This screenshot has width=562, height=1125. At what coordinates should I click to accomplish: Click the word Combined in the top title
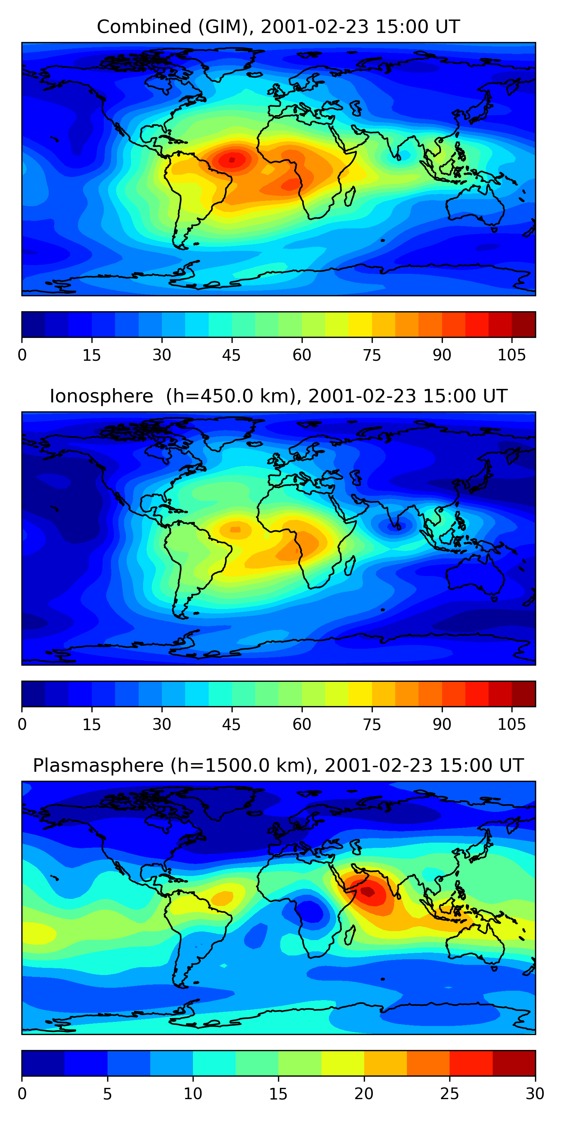pyautogui.click(x=144, y=27)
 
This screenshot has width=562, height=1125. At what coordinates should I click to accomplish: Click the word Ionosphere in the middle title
pyautogui.click(x=102, y=396)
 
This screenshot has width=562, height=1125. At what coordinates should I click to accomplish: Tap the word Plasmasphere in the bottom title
pyautogui.click(x=98, y=766)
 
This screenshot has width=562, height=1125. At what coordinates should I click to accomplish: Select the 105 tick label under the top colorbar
pyautogui.click(x=512, y=355)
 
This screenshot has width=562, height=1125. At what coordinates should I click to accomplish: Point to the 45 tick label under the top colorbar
pyautogui.click(x=231, y=355)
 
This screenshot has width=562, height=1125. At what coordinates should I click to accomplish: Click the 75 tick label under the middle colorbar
pyautogui.click(x=372, y=725)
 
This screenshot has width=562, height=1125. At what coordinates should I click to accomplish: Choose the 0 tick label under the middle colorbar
pyautogui.click(x=22, y=725)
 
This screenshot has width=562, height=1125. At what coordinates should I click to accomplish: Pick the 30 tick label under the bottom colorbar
pyautogui.click(x=535, y=1094)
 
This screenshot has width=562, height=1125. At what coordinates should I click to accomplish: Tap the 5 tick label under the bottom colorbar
pyautogui.click(x=107, y=1094)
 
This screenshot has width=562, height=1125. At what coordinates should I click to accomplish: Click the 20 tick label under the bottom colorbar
pyautogui.click(x=364, y=1094)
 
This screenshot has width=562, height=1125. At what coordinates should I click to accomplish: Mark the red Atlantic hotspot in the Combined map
pyautogui.click(x=232, y=160)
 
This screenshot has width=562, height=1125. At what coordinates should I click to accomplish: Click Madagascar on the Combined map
pyautogui.click(x=350, y=196)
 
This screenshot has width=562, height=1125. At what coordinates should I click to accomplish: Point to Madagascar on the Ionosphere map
pyautogui.click(x=350, y=566)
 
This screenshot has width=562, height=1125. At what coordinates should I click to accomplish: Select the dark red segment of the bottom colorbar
pyautogui.click(x=514, y=1063)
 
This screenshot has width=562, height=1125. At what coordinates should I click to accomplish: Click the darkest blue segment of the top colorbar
pyautogui.click(x=34, y=324)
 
